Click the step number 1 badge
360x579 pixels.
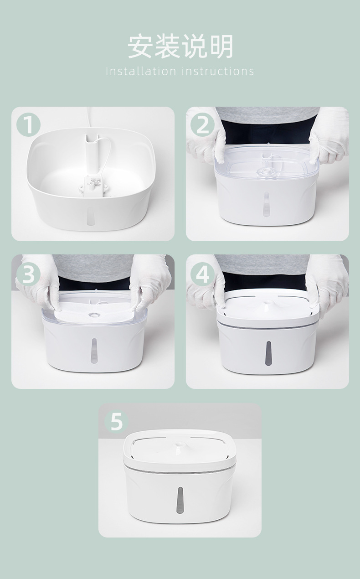(x=28, y=124)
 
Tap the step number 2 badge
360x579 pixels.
(x=203, y=124)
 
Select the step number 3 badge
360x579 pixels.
(x=28, y=274)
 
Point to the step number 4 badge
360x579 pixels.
(x=203, y=274)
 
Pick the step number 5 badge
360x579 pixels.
(x=117, y=421)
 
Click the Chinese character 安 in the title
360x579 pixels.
(x=141, y=47)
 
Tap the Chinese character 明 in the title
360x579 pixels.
(x=220, y=47)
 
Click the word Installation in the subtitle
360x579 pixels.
(x=141, y=71)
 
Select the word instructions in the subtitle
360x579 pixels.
(x=218, y=71)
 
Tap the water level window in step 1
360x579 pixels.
(x=90, y=216)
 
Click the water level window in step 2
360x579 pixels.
(x=266, y=204)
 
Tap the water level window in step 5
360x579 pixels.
(x=180, y=501)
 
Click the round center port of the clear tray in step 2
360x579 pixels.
(x=266, y=171)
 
